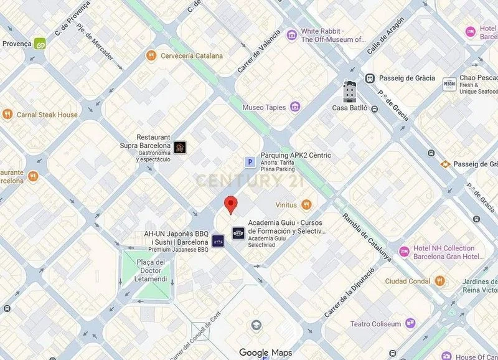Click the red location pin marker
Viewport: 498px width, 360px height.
[231, 204]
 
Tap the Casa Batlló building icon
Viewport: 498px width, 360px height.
[349, 92]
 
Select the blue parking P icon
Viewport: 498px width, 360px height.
[249, 163]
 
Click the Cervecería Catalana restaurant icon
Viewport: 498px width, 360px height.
[150, 56]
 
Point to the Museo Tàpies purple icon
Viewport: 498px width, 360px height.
[295, 107]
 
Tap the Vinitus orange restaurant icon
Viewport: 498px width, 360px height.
[306, 204]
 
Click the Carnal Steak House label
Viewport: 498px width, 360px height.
[47, 115]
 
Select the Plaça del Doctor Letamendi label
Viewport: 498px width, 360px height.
[150, 270]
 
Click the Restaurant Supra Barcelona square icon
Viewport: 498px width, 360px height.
[179, 148]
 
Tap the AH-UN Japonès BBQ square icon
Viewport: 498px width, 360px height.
[218, 240]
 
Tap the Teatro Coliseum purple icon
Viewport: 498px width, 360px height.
[410, 323]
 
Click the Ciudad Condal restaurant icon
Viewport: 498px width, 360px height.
[441, 281]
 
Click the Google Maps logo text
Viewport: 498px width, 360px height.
[265, 353]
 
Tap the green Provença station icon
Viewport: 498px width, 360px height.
[41, 44]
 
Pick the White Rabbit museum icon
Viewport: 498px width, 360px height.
[291, 35]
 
